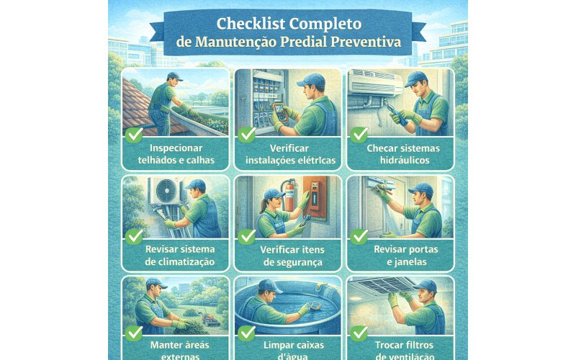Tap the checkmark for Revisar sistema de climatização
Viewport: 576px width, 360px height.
(134, 236)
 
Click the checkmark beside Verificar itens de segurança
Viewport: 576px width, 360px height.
(247, 236)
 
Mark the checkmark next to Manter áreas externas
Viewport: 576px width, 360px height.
(134, 333)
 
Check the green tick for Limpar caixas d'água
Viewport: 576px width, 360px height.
(247, 333)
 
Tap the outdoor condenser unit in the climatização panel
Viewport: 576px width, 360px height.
(164, 193)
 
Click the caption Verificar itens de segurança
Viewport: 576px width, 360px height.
(288, 256)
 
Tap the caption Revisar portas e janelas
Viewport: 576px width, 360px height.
(401, 256)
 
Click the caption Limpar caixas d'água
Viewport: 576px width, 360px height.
(288, 350)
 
